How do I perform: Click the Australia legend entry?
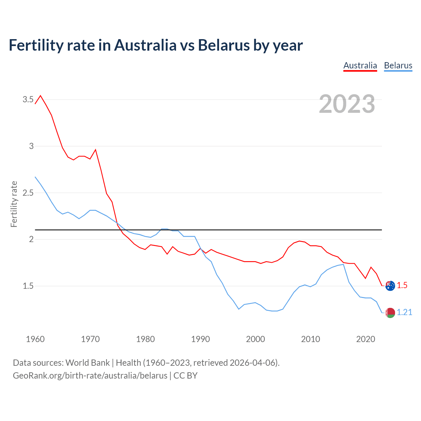(360, 65)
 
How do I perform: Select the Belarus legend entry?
(398, 65)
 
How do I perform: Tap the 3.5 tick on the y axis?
(28, 99)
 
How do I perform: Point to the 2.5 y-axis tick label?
(28, 193)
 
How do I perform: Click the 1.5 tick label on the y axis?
(28, 286)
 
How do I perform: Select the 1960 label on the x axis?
(35, 339)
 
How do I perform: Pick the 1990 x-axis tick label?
(200, 339)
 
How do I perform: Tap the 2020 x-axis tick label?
(365, 339)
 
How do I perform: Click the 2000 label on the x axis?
(255, 339)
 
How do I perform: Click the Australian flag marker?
(390, 285)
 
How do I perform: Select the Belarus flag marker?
(390, 313)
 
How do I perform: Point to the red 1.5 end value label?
(402, 285)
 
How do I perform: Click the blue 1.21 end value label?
(404, 312)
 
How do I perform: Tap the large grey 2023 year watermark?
(347, 104)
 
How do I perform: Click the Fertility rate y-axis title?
(14, 204)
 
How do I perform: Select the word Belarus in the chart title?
(224, 45)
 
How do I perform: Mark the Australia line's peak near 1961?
(40, 96)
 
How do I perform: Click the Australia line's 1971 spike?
(95, 150)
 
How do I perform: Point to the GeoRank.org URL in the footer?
(90, 376)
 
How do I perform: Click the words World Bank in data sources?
(87, 363)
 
